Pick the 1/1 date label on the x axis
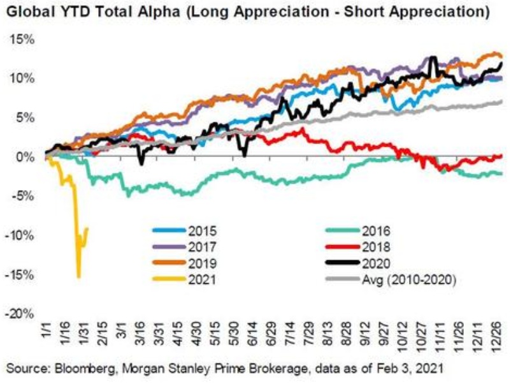pos(47,332)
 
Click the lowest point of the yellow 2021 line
pos(78,276)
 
